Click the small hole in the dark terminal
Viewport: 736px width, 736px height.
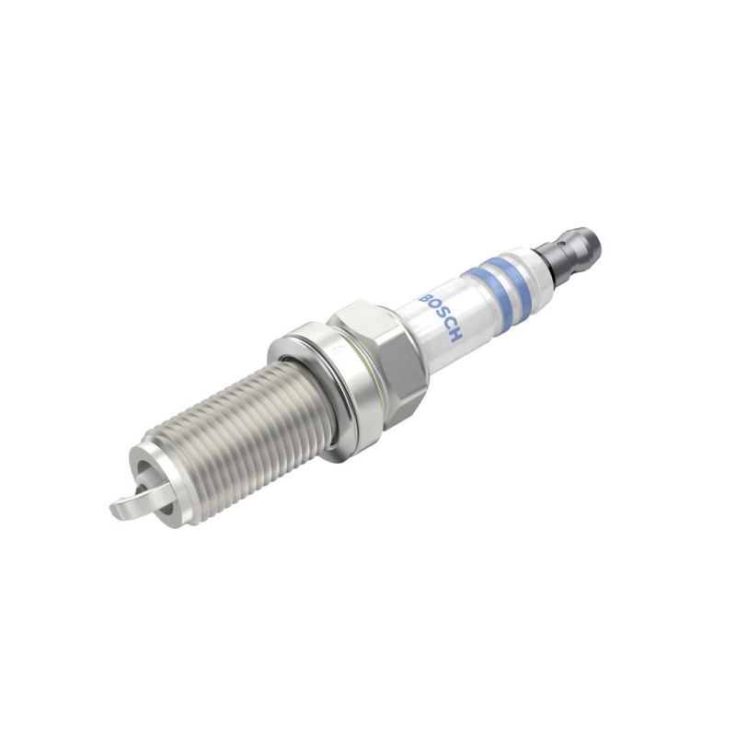pos(559,244)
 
